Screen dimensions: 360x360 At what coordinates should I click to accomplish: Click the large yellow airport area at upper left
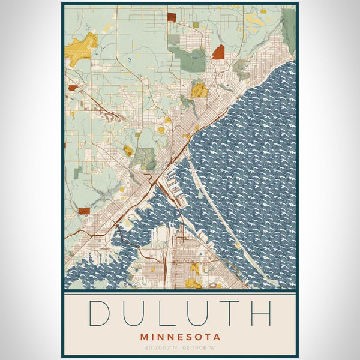(x=81, y=49)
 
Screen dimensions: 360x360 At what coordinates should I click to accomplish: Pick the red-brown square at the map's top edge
(x=172, y=17)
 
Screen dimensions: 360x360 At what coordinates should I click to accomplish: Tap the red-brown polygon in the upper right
(x=218, y=52)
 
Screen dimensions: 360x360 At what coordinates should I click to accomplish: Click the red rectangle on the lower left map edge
(x=83, y=211)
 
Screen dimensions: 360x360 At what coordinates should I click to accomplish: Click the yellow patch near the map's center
(x=199, y=90)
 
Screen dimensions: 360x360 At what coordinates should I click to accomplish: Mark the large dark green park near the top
(x=191, y=58)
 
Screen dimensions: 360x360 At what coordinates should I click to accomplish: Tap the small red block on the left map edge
(x=72, y=88)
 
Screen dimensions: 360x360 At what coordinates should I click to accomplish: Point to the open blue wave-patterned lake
(x=258, y=150)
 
